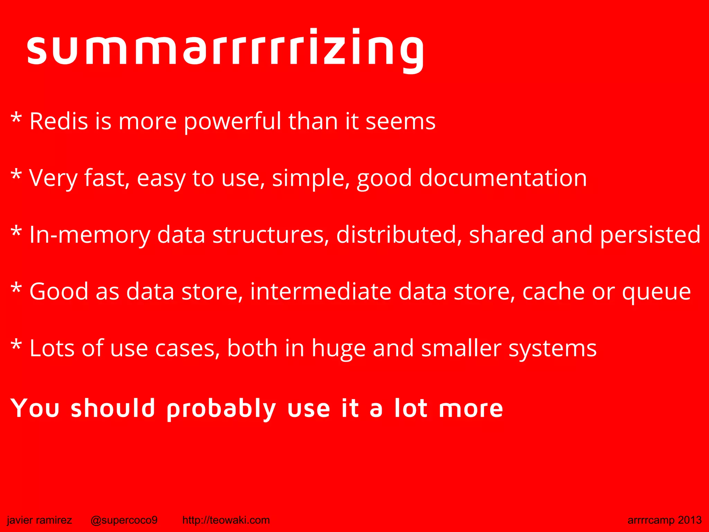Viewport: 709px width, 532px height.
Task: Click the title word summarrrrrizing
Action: [x=225, y=48]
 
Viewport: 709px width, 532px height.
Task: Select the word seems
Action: [x=401, y=122]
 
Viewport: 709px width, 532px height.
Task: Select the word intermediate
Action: [x=320, y=292]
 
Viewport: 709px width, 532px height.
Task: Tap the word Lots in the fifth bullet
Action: [x=52, y=348]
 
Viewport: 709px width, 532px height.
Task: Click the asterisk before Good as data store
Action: [x=16, y=289]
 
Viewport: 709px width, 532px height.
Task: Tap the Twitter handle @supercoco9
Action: [x=124, y=520]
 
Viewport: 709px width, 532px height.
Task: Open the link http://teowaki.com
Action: [x=226, y=520]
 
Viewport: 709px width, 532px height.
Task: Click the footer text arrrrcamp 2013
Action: [x=664, y=520]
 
